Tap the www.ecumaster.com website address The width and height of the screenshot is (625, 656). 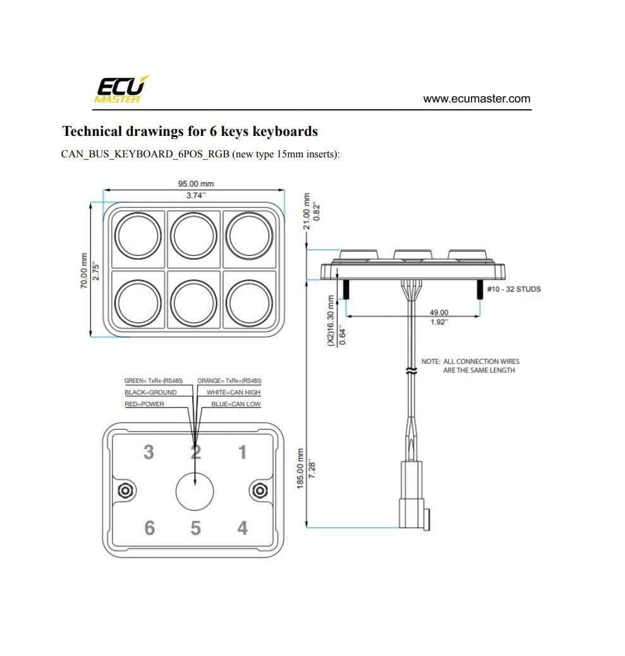click(x=476, y=99)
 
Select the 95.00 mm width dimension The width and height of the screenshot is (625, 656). click(x=196, y=184)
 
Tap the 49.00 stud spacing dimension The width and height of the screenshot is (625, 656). click(x=439, y=313)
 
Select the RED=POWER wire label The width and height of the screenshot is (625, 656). click(x=144, y=404)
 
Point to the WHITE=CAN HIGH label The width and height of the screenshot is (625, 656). click(x=233, y=392)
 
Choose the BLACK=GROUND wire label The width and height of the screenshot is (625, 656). click(x=150, y=392)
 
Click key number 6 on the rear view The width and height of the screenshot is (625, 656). click(x=149, y=527)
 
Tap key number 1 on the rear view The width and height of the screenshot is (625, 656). click(x=242, y=453)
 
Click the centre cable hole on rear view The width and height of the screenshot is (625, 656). click(x=195, y=490)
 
